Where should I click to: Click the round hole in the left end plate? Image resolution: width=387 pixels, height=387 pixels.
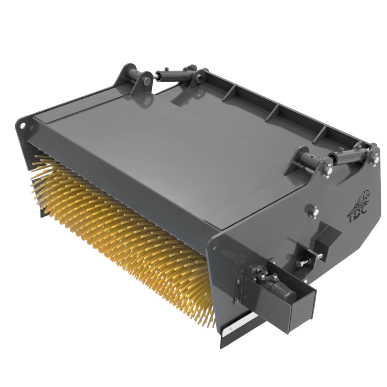click(23, 125)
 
